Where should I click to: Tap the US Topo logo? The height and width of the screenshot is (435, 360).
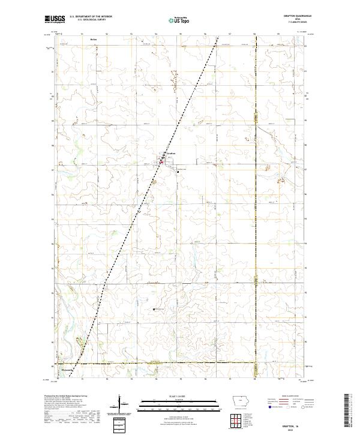175,20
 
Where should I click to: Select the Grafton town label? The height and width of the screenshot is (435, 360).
170,154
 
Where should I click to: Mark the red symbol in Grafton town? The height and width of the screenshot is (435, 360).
161,161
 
